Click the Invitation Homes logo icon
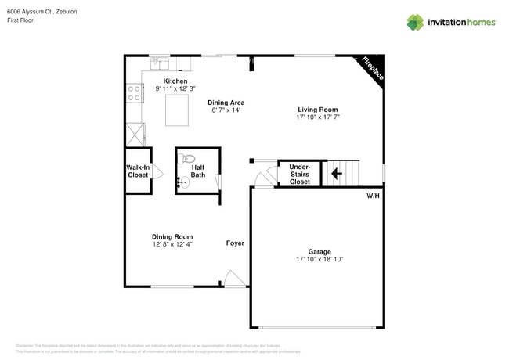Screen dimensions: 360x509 click(x=415, y=22)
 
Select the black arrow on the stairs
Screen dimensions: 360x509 click(x=337, y=174)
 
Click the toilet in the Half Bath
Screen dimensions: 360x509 click(x=186, y=160)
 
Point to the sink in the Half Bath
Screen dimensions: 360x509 click(x=182, y=183)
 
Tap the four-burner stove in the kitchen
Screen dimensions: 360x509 click(x=134, y=94)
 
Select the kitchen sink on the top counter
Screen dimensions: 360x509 click(x=158, y=61)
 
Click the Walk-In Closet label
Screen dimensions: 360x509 click(x=138, y=171)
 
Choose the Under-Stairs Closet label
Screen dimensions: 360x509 click(x=300, y=174)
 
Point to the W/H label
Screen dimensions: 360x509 click(x=373, y=195)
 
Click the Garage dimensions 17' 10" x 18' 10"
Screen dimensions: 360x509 click(x=319, y=259)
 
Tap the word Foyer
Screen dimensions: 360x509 click(x=235, y=243)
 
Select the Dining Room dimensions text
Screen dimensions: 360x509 click(x=172, y=244)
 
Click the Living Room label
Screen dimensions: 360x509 click(x=317, y=110)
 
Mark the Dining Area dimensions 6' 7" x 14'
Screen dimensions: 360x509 click(x=226, y=110)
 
